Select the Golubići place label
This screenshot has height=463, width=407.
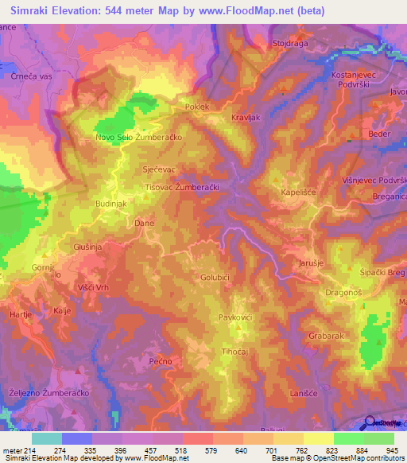pos(215,278)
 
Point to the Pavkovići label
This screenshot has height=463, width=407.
pos(235,317)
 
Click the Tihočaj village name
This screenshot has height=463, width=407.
pos(237,352)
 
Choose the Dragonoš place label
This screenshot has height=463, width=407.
pos(344,293)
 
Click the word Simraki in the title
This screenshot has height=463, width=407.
pos(32,11)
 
